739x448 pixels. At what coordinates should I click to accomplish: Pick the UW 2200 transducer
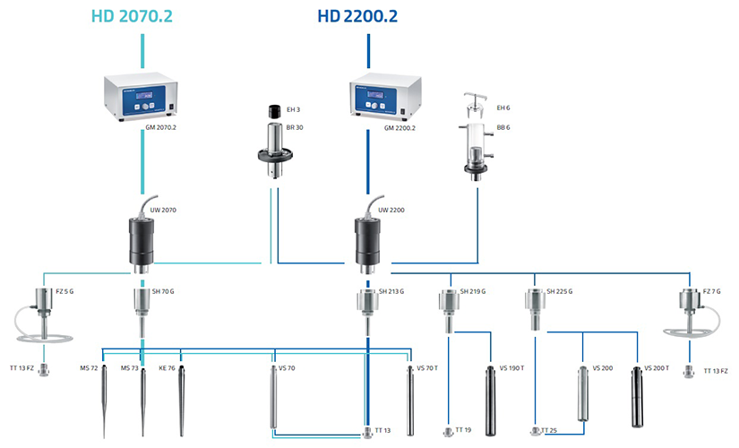[x=368, y=239]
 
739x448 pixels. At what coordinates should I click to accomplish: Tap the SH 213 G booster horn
[x=368, y=303]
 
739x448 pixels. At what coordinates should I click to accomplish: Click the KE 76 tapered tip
[x=181, y=394]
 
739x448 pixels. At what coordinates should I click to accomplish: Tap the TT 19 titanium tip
[x=448, y=433]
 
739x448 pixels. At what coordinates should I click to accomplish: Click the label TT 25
[x=549, y=431]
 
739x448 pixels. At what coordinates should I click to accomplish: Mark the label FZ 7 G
[x=710, y=291]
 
